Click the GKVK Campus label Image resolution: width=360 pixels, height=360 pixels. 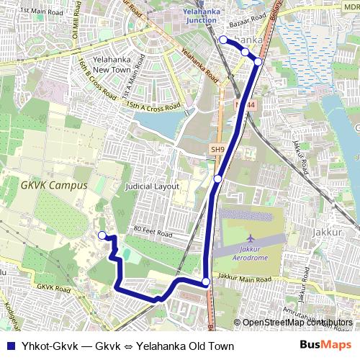click(x=54, y=185)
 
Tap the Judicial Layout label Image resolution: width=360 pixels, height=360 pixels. click(x=152, y=186)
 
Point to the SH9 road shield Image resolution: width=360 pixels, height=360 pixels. click(x=217, y=149)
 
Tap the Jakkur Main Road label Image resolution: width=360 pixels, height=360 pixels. click(x=244, y=278)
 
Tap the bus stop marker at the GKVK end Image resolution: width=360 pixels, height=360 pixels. click(x=102, y=235)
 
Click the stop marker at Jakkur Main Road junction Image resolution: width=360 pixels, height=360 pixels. click(x=206, y=282)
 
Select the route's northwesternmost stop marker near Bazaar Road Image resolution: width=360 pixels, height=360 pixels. click(x=223, y=40)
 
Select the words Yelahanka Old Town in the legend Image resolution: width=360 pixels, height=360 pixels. click(x=185, y=346)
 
